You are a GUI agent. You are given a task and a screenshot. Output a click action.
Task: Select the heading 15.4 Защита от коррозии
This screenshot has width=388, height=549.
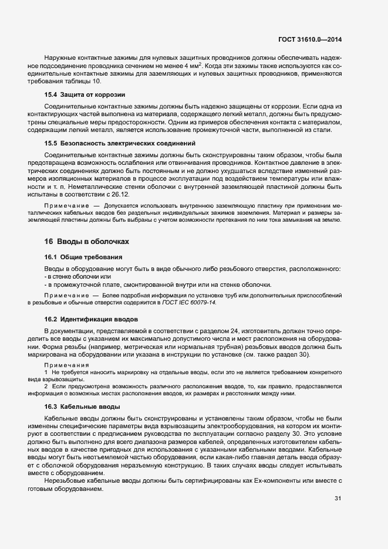[x=85, y=94]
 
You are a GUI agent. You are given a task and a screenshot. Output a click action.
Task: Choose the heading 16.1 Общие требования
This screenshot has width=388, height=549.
[x=84, y=257]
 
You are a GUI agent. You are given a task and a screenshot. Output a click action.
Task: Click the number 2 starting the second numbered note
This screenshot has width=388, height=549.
[x=46, y=387]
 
